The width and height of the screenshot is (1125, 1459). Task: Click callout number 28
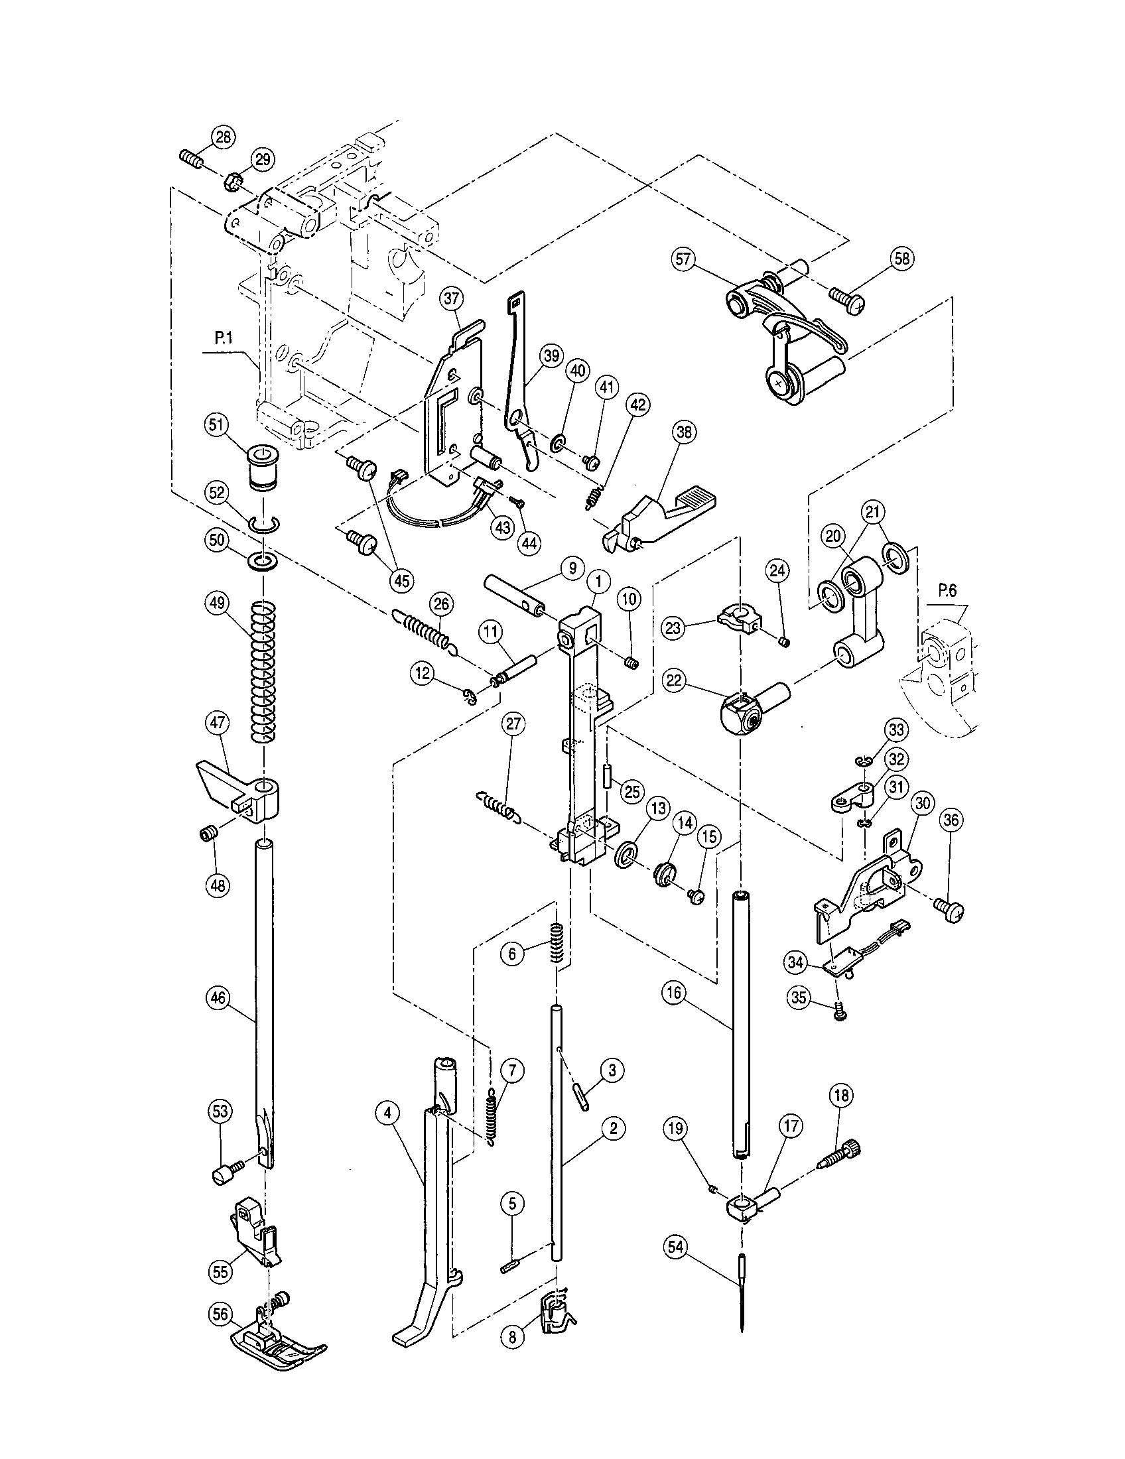point(223,137)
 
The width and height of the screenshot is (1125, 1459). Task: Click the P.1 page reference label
point(224,340)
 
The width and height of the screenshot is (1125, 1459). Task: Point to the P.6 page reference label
point(947,590)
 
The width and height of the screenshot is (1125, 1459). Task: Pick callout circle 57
point(684,259)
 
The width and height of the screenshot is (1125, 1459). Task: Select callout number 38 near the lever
point(684,433)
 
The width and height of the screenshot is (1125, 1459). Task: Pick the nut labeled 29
point(235,180)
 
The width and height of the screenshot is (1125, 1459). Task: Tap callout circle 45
point(401,580)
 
